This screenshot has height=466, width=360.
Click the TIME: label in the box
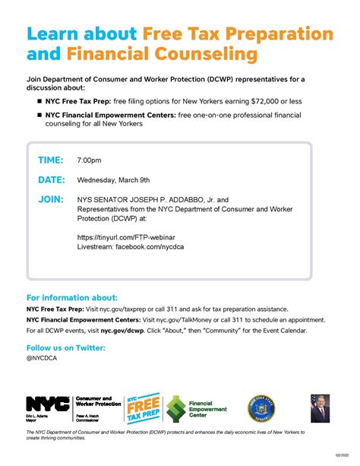52,160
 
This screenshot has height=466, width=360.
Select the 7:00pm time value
89,161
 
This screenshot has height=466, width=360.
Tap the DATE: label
52,180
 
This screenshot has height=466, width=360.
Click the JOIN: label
51,199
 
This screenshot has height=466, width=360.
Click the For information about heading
72,297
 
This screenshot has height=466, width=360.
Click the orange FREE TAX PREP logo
142,409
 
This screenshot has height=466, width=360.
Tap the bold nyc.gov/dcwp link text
123,331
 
